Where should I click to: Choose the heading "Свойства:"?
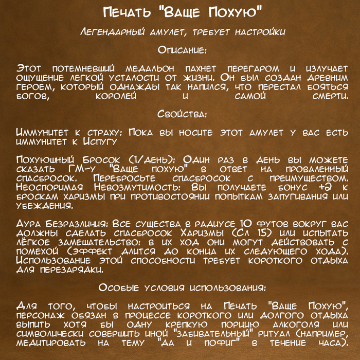pos(179,114)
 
